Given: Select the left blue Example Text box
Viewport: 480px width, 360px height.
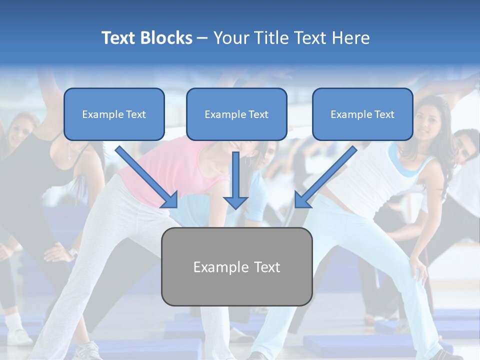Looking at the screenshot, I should coord(114,114).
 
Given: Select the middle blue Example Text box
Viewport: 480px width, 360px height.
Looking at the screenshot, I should coord(236,114).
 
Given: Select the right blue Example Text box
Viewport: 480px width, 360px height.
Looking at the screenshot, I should coord(362,114).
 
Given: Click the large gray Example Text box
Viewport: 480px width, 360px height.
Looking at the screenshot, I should coord(236,267).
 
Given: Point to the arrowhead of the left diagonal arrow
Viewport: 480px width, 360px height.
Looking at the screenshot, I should coord(170,200).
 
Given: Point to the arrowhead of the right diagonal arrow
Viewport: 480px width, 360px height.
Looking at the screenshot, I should coord(302,200).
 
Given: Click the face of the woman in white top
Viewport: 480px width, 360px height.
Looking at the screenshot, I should coord(429,125).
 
